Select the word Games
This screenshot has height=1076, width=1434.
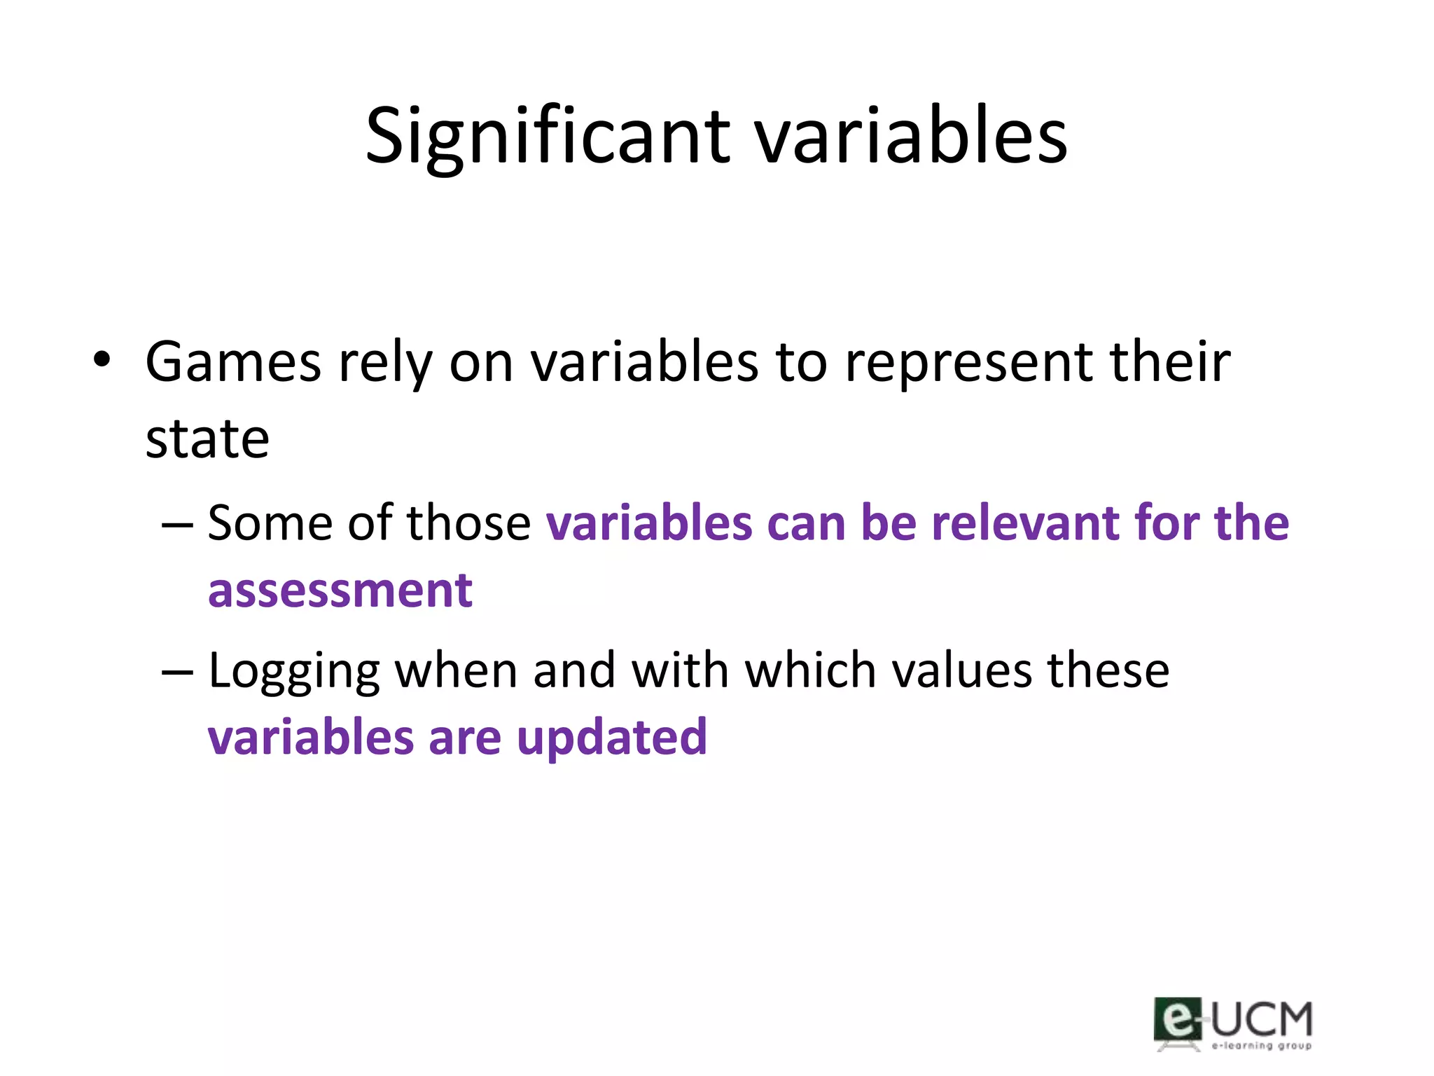click(232, 362)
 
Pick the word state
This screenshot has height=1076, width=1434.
click(207, 439)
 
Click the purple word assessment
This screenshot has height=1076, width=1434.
click(340, 590)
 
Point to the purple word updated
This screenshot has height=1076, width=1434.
click(612, 738)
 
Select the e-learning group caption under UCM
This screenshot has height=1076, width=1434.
click(1261, 1046)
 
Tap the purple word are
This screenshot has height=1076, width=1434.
click(464, 738)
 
